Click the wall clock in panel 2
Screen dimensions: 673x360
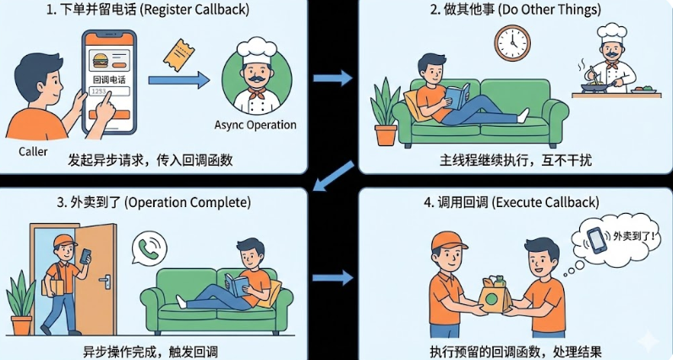coord(512,41)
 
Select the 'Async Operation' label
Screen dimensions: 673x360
coord(255,125)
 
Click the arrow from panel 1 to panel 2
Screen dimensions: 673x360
coord(333,78)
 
